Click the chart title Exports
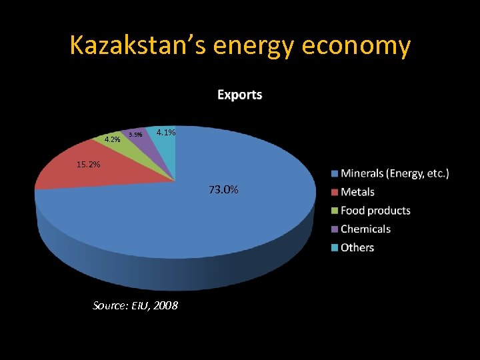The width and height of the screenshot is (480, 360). [239, 95]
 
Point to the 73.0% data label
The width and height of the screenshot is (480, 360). [223, 190]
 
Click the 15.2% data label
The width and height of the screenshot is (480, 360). [87, 164]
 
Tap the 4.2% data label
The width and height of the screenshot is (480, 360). [112, 139]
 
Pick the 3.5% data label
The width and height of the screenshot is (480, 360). [135, 135]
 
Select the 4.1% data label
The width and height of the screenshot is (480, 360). [165, 133]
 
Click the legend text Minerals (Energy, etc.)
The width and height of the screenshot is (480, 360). [395, 173]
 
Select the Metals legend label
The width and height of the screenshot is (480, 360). [357, 192]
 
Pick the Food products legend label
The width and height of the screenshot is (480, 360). [375, 211]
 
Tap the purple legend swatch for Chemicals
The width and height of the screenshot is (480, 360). [335, 229]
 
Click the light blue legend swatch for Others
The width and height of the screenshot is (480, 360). [335, 248]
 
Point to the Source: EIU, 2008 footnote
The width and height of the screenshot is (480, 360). [135, 305]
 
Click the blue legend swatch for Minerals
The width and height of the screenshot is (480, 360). [335, 174]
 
